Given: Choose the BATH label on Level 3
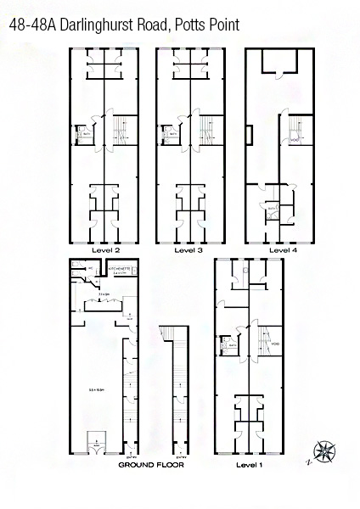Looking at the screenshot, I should [172, 134].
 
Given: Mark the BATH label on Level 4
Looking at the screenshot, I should [273, 207].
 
